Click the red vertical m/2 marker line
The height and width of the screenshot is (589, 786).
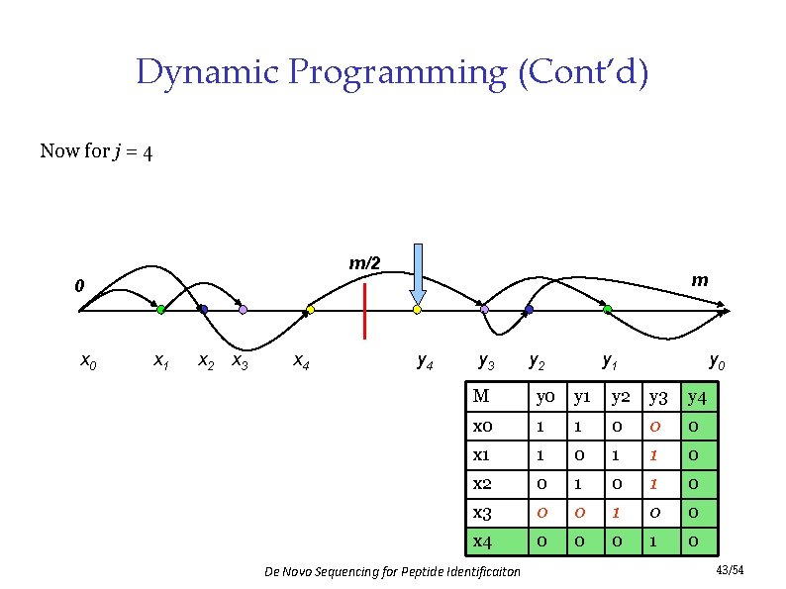pos(365,310)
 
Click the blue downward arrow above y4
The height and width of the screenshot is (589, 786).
pos(418,273)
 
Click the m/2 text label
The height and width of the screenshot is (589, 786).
pos(364,263)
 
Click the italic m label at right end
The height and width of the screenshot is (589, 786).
pos(699,280)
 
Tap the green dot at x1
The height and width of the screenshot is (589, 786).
pos(160,310)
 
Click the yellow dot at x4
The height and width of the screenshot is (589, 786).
pos(310,310)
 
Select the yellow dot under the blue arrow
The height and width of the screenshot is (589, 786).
pos(417,310)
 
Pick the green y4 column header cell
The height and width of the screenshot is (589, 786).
pos(697,398)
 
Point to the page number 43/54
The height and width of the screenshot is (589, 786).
pos(729,572)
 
